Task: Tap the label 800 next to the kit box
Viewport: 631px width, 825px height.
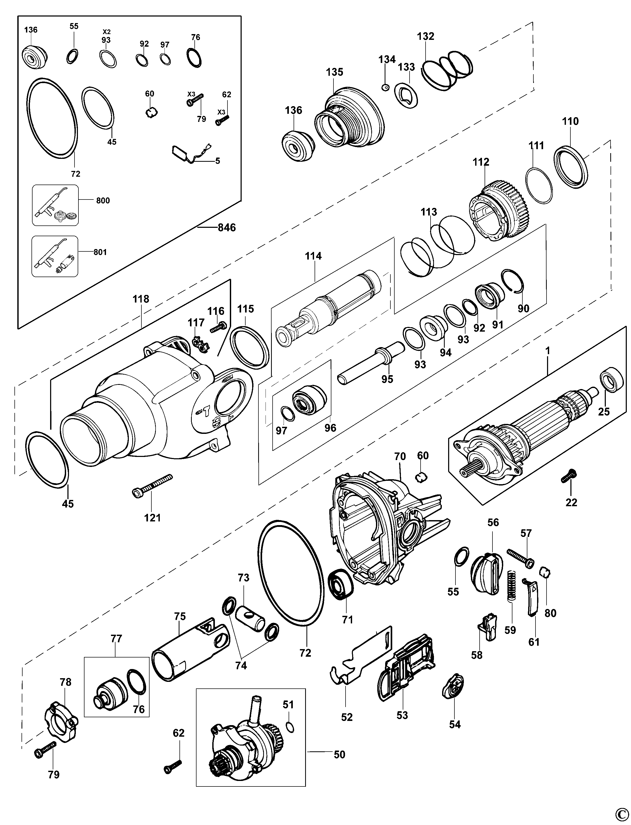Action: point(103,201)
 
